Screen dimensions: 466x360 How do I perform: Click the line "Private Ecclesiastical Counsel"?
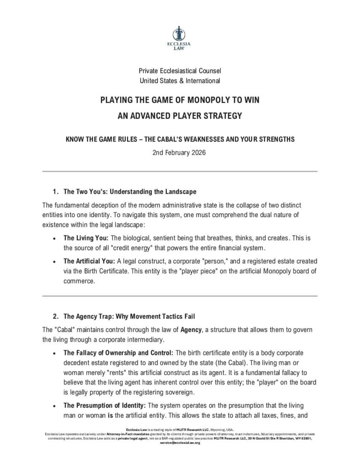click(x=180, y=71)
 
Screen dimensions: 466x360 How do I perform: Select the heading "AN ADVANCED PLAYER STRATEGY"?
click(x=180, y=115)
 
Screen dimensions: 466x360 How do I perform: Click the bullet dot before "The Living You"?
click(x=55, y=239)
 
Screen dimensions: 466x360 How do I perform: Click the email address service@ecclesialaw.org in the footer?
click(x=180, y=443)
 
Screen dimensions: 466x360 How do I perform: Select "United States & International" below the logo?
click(x=180, y=81)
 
